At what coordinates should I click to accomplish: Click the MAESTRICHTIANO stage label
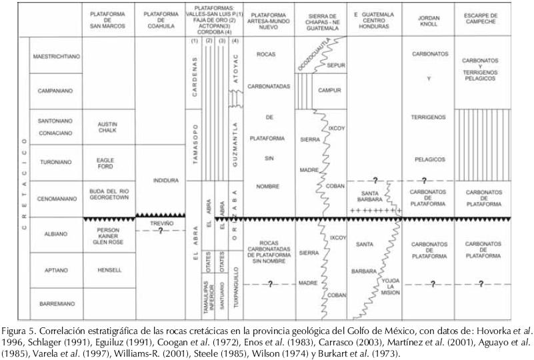[56, 57]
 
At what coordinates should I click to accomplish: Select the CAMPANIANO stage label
[56, 90]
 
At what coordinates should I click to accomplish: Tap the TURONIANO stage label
[56, 163]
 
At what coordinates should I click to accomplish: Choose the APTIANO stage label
[56, 269]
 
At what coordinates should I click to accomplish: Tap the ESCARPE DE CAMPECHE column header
[481, 20]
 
